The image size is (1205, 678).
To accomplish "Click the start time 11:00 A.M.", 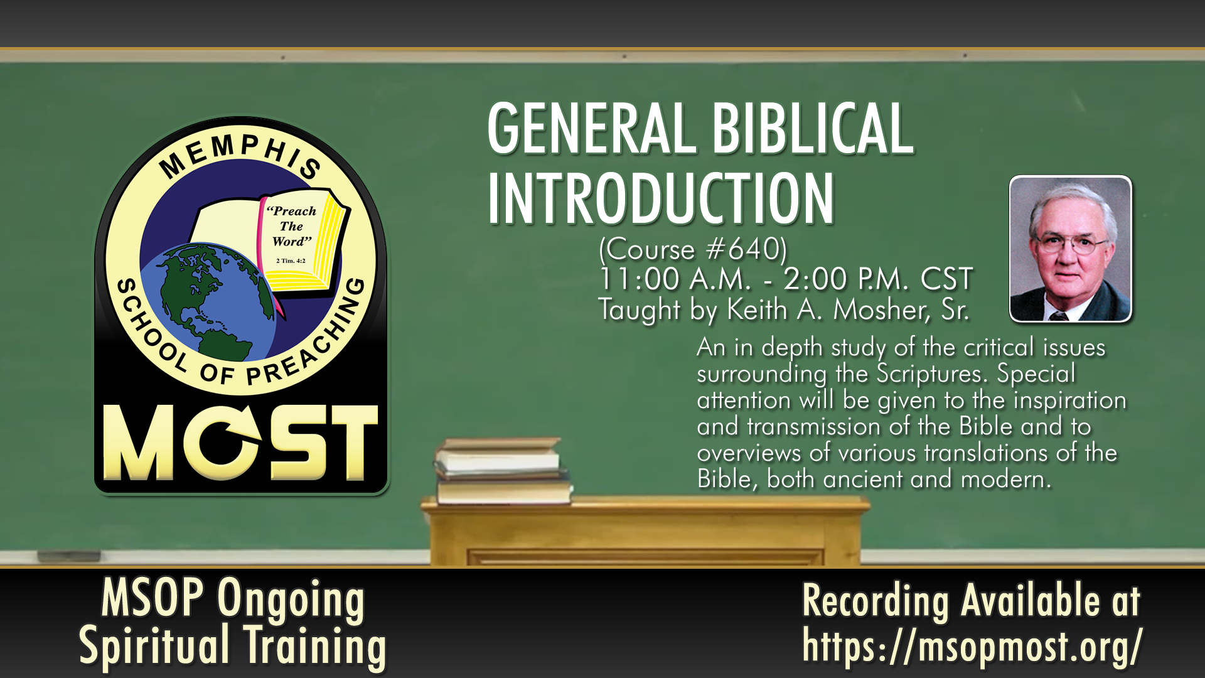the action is click(675, 279).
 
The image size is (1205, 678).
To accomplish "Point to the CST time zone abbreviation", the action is click(946, 279).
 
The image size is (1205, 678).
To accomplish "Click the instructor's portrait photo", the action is click(1070, 249).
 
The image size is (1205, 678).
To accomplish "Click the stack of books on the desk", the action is click(503, 471).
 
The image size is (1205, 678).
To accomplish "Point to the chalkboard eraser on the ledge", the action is click(68, 556).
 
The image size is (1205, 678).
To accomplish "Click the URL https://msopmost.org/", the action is click(972, 646).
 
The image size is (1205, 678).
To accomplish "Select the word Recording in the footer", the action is click(876, 601).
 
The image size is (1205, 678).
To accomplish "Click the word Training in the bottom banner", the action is click(315, 646).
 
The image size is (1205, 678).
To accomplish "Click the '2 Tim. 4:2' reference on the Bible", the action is click(291, 261).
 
